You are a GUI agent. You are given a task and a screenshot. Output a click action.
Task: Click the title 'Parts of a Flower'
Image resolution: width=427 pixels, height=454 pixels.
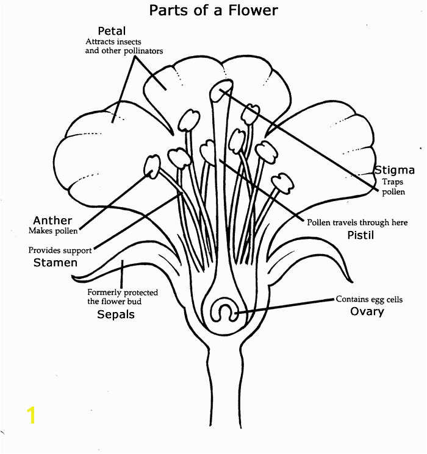[213, 10]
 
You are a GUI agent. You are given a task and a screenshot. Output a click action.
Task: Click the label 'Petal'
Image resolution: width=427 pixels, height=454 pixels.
[112, 31]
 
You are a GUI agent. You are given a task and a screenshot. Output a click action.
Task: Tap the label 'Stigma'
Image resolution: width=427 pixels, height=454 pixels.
[395, 170]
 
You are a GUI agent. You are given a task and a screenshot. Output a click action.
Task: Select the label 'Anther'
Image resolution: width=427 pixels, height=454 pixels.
[52, 221]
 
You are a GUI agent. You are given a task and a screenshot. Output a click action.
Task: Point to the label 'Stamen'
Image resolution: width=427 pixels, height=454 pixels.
[56, 263]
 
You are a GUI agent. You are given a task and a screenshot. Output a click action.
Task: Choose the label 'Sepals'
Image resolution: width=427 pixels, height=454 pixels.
[116, 314]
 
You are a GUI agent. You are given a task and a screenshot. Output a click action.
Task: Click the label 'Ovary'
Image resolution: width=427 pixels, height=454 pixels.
[367, 311]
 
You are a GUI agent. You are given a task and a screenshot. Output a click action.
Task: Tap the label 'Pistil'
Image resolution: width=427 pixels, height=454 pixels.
[361, 235]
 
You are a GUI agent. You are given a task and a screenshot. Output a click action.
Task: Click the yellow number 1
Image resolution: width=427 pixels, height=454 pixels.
[31, 415]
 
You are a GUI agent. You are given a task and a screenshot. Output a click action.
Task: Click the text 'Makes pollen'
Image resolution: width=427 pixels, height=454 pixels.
[53, 231]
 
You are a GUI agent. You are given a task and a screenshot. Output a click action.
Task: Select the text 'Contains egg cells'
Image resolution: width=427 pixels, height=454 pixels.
[369, 299]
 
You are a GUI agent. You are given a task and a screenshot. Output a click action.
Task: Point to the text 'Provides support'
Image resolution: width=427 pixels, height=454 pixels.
[60, 250]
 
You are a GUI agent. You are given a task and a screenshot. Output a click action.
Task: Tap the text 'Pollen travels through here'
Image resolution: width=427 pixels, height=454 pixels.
[357, 222]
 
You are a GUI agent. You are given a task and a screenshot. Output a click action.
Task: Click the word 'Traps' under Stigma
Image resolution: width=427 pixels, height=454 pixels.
[392, 182]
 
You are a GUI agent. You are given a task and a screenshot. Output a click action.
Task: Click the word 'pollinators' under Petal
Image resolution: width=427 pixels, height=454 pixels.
[143, 51]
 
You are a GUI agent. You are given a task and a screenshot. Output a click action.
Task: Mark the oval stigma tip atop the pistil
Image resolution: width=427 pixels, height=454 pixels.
[221, 90]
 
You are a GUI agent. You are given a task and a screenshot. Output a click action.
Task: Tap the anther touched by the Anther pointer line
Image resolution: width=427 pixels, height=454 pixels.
[152, 166]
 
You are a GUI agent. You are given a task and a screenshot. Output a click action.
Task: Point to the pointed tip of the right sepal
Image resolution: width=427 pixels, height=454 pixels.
[352, 282]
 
